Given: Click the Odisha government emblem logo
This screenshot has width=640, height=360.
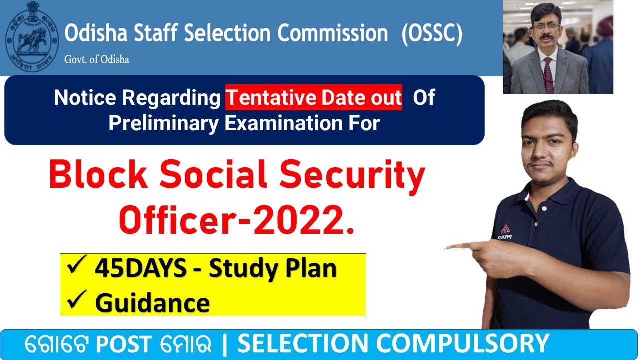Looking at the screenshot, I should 32,38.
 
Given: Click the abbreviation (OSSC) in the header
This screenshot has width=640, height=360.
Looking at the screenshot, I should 432,34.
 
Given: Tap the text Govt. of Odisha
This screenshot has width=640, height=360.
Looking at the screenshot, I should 96,59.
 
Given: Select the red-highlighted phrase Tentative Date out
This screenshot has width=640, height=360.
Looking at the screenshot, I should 313,98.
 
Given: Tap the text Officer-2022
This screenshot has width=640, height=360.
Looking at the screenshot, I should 237,221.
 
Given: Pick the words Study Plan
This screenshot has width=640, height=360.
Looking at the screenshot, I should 272,269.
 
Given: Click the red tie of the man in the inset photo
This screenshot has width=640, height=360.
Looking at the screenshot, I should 548,75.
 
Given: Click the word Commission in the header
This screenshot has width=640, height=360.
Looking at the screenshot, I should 333,34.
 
